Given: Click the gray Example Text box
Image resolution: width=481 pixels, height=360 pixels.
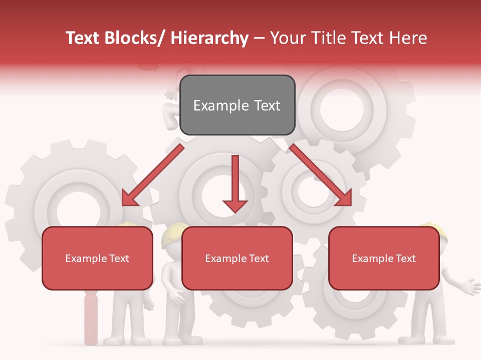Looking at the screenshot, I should click(237, 105).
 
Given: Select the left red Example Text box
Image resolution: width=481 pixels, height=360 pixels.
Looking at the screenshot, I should click(97, 258).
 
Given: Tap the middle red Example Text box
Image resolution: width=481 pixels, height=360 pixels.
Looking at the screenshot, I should click(237, 258).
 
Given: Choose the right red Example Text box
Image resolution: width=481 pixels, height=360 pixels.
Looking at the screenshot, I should click(384, 258).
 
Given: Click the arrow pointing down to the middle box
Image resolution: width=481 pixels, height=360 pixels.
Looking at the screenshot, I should click(235, 185).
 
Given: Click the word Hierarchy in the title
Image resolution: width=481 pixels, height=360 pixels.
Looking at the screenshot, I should click(209, 38).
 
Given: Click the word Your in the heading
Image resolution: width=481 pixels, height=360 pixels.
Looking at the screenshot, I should click(287, 38).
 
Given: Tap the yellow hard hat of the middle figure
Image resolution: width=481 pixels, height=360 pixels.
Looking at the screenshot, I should click(173, 234).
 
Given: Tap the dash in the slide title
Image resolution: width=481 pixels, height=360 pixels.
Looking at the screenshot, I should click(259, 38).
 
